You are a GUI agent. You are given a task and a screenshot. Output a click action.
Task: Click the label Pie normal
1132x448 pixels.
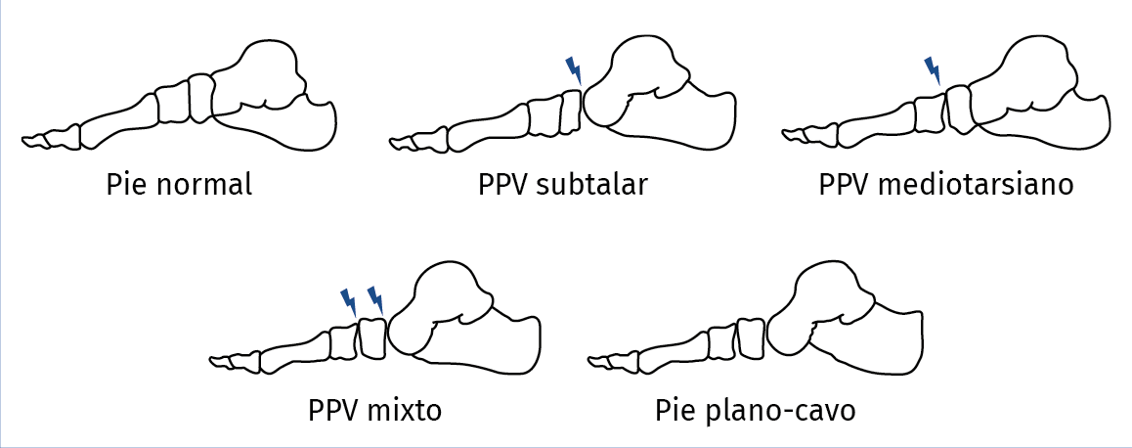tap(179, 184)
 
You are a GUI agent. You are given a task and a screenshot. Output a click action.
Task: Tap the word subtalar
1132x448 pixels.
tap(592, 184)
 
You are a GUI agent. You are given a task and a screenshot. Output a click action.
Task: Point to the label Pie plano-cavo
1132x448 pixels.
tap(756, 409)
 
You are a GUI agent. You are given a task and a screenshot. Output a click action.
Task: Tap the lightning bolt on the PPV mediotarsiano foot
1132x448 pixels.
tap(934, 70)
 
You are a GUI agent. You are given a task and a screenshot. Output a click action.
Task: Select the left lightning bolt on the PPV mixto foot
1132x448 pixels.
tap(348, 299)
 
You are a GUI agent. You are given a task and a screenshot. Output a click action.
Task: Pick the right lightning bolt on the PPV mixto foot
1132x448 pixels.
tap(375, 299)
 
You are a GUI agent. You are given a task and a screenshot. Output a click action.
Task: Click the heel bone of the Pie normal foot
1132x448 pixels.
tap(293, 122)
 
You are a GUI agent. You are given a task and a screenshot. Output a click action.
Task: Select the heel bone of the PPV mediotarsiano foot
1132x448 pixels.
tap(1066, 122)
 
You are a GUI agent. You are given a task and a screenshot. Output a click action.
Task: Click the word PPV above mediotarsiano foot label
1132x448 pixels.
tap(846, 184)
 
